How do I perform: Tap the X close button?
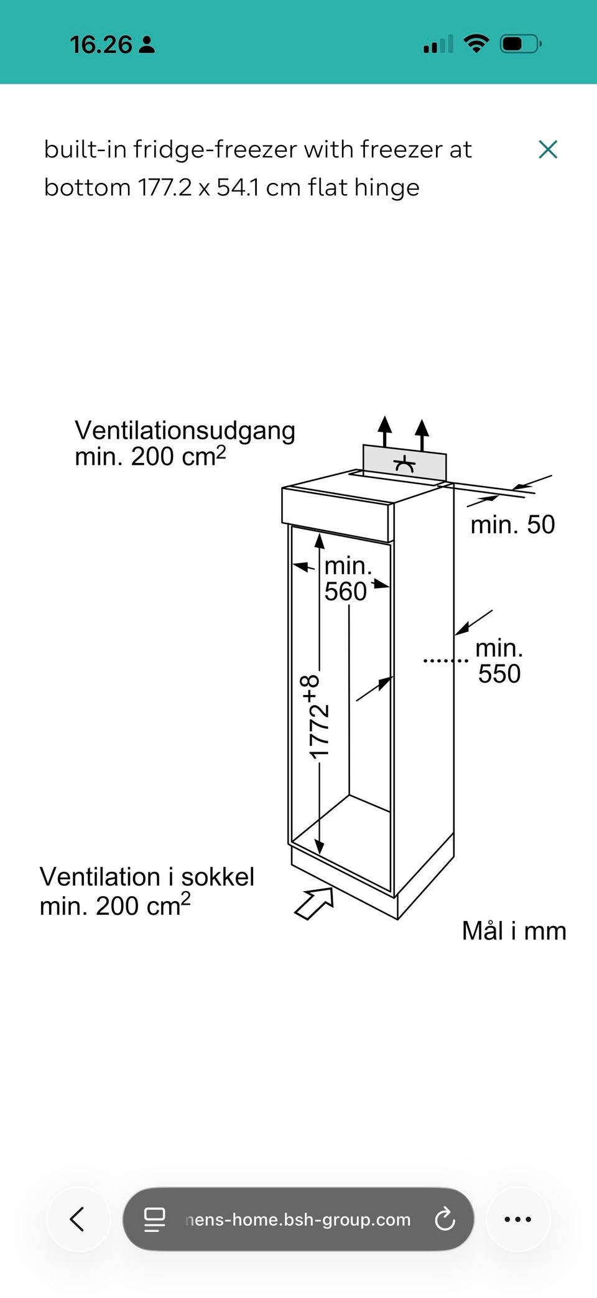point(548,149)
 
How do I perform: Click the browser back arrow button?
point(78,1219)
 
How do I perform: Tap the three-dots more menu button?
point(517,1219)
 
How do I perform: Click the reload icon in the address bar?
point(445,1219)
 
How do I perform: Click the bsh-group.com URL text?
point(298,1220)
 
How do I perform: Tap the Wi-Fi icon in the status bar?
point(476,44)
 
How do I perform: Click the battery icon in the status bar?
point(521,44)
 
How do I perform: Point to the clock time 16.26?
point(101,45)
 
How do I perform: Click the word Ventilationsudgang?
point(185,431)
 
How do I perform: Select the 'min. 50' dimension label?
point(512,525)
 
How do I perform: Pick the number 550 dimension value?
point(499,674)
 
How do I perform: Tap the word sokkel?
point(218,877)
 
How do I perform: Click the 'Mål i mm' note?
point(514,931)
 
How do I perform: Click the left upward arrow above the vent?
point(385,430)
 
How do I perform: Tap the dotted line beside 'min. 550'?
point(445,660)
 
